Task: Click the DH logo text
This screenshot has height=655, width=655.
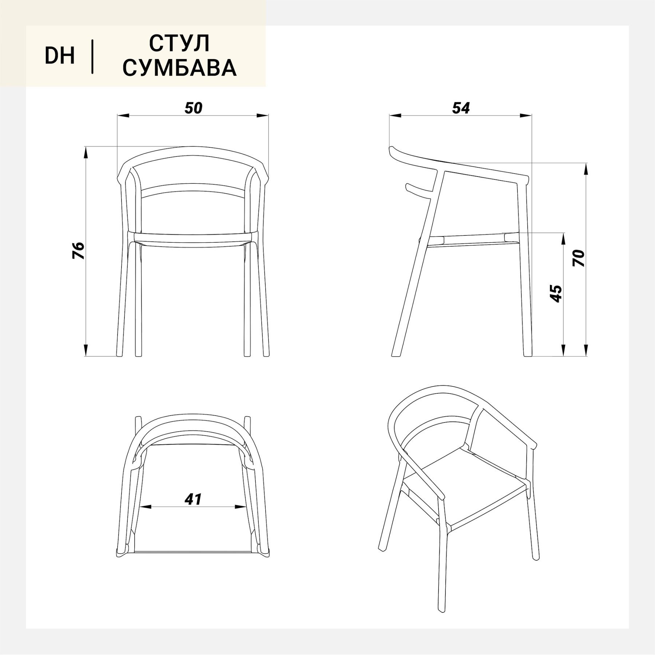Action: pyautogui.click(x=60, y=56)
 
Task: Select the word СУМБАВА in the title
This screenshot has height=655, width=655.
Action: pyautogui.click(x=179, y=67)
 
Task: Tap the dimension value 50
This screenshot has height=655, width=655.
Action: pyautogui.click(x=193, y=108)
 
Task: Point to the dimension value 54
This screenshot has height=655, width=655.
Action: pyautogui.click(x=461, y=108)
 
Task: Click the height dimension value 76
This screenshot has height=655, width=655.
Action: pyautogui.click(x=79, y=250)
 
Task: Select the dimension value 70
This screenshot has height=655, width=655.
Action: pyautogui.click(x=578, y=258)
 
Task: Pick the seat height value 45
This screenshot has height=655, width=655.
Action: pyautogui.click(x=556, y=294)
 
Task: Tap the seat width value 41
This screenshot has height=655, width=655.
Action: pyautogui.click(x=193, y=499)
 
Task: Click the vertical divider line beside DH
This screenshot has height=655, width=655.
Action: pyautogui.click(x=93, y=57)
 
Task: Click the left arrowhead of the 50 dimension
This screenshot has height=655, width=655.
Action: pyautogui.click(x=123, y=116)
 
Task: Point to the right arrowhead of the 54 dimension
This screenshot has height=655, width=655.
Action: pyautogui.click(x=525, y=116)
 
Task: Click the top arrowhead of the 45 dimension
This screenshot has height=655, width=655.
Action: pyautogui.click(x=563, y=238)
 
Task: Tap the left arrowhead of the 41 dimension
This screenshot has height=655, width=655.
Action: pyautogui.click(x=146, y=507)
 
